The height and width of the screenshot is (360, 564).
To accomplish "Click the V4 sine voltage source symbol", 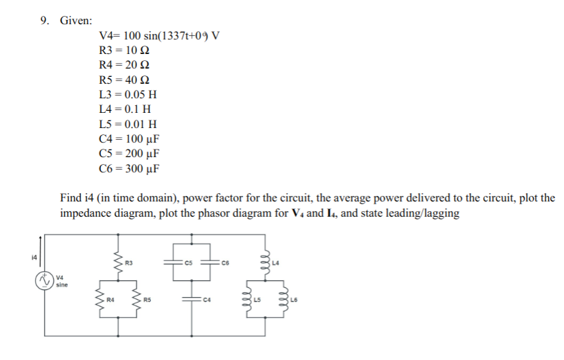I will (x=45, y=281).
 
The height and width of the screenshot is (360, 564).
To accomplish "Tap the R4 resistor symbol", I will (x=98, y=300).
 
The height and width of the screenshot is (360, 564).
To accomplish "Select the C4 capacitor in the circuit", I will (x=189, y=300).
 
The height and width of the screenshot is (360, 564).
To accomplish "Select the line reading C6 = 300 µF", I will (x=130, y=168).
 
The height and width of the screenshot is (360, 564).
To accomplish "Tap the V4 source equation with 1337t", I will (x=159, y=36).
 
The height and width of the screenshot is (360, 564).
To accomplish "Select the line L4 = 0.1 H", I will (x=125, y=109).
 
